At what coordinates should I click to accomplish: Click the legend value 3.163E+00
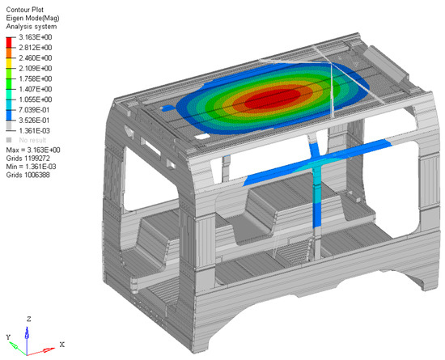pyautogui.click(x=35, y=37)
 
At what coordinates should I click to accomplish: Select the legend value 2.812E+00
pyautogui.click(x=35, y=48)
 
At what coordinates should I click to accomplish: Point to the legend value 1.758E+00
pyautogui.click(x=35, y=78)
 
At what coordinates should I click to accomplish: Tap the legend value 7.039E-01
pyautogui.click(x=34, y=110)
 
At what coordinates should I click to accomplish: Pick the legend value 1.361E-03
pyautogui.click(x=34, y=130)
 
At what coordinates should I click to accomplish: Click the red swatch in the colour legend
pyautogui.click(x=10, y=43)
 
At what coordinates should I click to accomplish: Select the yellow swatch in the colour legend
pyautogui.click(x=10, y=63)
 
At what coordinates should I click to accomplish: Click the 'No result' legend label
pyautogui.click(x=32, y=140)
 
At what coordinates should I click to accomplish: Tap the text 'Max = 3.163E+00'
pyautogui.click(x=33, y=150)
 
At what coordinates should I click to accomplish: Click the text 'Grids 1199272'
pyautogui.click(x=28, y=158)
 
